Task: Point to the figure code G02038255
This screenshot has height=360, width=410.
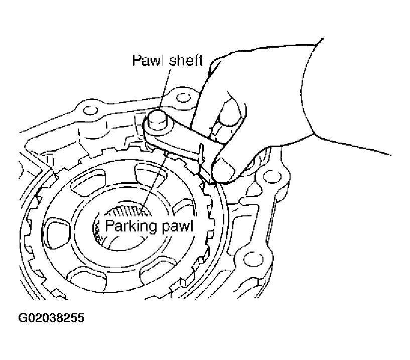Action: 51,318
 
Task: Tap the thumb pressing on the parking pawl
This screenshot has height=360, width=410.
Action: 228,171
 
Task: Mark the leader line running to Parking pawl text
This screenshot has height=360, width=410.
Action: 153,181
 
